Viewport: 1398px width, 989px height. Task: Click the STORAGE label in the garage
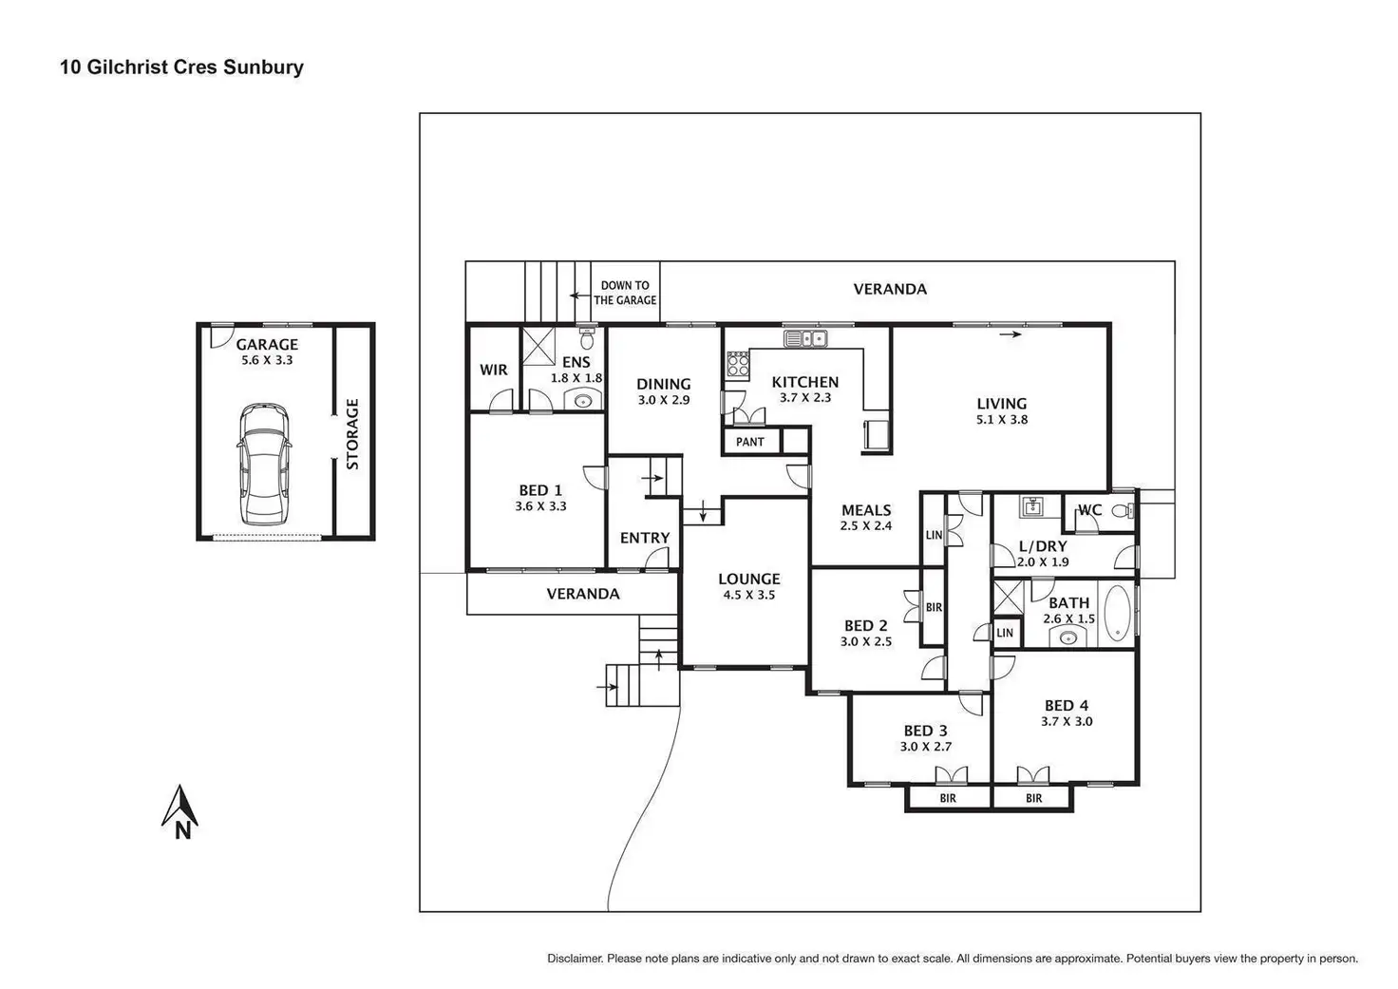(352, 434)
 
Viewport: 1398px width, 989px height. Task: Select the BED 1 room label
(539, 490)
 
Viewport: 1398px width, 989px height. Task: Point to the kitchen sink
(805, 337)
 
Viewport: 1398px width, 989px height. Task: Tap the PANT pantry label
(750, 442)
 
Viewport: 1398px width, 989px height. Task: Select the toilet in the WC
(1123, 510)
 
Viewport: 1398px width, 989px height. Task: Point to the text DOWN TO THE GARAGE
(625, 293)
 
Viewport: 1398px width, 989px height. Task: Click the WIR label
(493, 370)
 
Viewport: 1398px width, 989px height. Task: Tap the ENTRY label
(645, 538)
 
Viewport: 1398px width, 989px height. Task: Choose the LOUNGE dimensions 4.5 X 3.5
(749, 595)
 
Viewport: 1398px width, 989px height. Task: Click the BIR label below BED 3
(948, 798)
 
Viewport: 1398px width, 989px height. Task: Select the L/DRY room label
(1043, 546)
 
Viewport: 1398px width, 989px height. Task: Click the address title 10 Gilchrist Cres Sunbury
(181, 67)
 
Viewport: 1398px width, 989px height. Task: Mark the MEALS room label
(866, 510)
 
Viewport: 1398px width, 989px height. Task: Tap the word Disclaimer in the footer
(574, 959)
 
